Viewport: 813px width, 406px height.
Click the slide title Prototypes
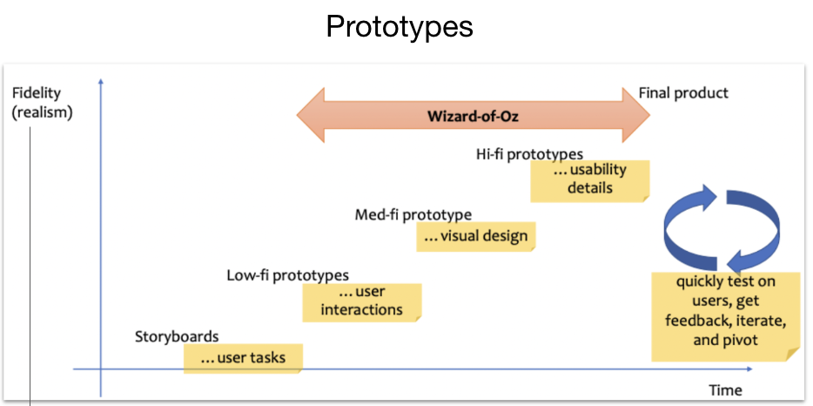coord(400,26)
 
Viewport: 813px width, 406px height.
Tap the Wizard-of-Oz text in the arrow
coord(473,115)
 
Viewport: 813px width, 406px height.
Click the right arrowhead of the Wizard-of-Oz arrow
coord(635,115)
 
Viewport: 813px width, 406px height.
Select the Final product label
coord(683,92)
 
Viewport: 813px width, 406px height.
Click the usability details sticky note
coord(589,179)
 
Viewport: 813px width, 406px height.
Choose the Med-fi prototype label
coord(413,214)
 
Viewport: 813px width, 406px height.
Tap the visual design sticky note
coord(474,236)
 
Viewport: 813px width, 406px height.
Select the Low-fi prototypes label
coord(287,276)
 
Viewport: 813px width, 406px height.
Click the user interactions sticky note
coord(361,301)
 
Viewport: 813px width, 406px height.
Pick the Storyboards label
coord(177,336)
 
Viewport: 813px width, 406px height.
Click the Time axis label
coord(725,389)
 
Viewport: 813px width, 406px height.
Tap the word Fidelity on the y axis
coord(37,93)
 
